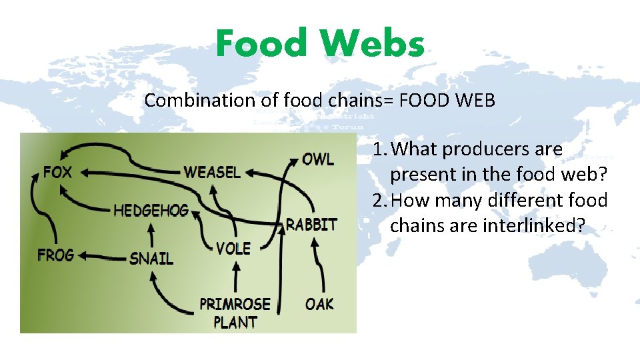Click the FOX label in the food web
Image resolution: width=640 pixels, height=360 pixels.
57,172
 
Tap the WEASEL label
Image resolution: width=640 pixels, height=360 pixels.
212,171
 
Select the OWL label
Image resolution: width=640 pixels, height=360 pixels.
318,159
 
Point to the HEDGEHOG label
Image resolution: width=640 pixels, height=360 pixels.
151,211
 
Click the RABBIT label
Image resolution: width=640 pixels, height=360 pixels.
311,224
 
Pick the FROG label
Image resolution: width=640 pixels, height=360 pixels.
55,255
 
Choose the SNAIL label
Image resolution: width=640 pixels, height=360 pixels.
151,258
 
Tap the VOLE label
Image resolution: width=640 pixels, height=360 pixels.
233,249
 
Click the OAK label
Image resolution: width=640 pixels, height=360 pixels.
319,304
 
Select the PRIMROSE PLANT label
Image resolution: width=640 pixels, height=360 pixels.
235,313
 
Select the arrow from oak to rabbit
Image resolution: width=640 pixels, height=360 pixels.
320,267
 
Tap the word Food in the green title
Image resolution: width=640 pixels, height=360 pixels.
261,44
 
